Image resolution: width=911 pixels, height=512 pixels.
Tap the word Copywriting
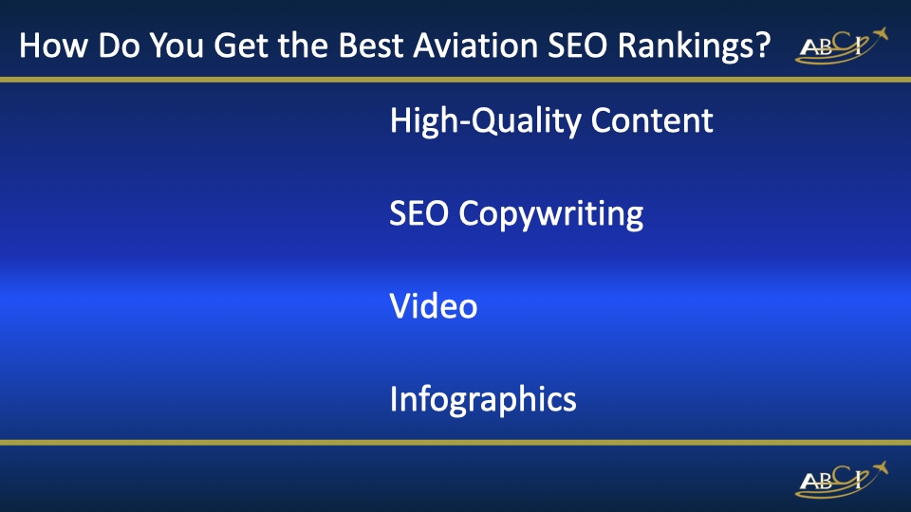click(x=551, y=214)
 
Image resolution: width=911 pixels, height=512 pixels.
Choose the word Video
click(x=433, y=306)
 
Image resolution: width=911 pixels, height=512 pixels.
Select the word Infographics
click(x=483, y=399)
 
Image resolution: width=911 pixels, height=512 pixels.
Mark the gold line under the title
click(x=455, y=79)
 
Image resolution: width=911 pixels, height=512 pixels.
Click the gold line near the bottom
click(x=455, y=442)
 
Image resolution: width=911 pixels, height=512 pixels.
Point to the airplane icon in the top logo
click(x=879, y=36)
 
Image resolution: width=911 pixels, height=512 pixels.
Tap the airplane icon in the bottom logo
click(x=879, y=468)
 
